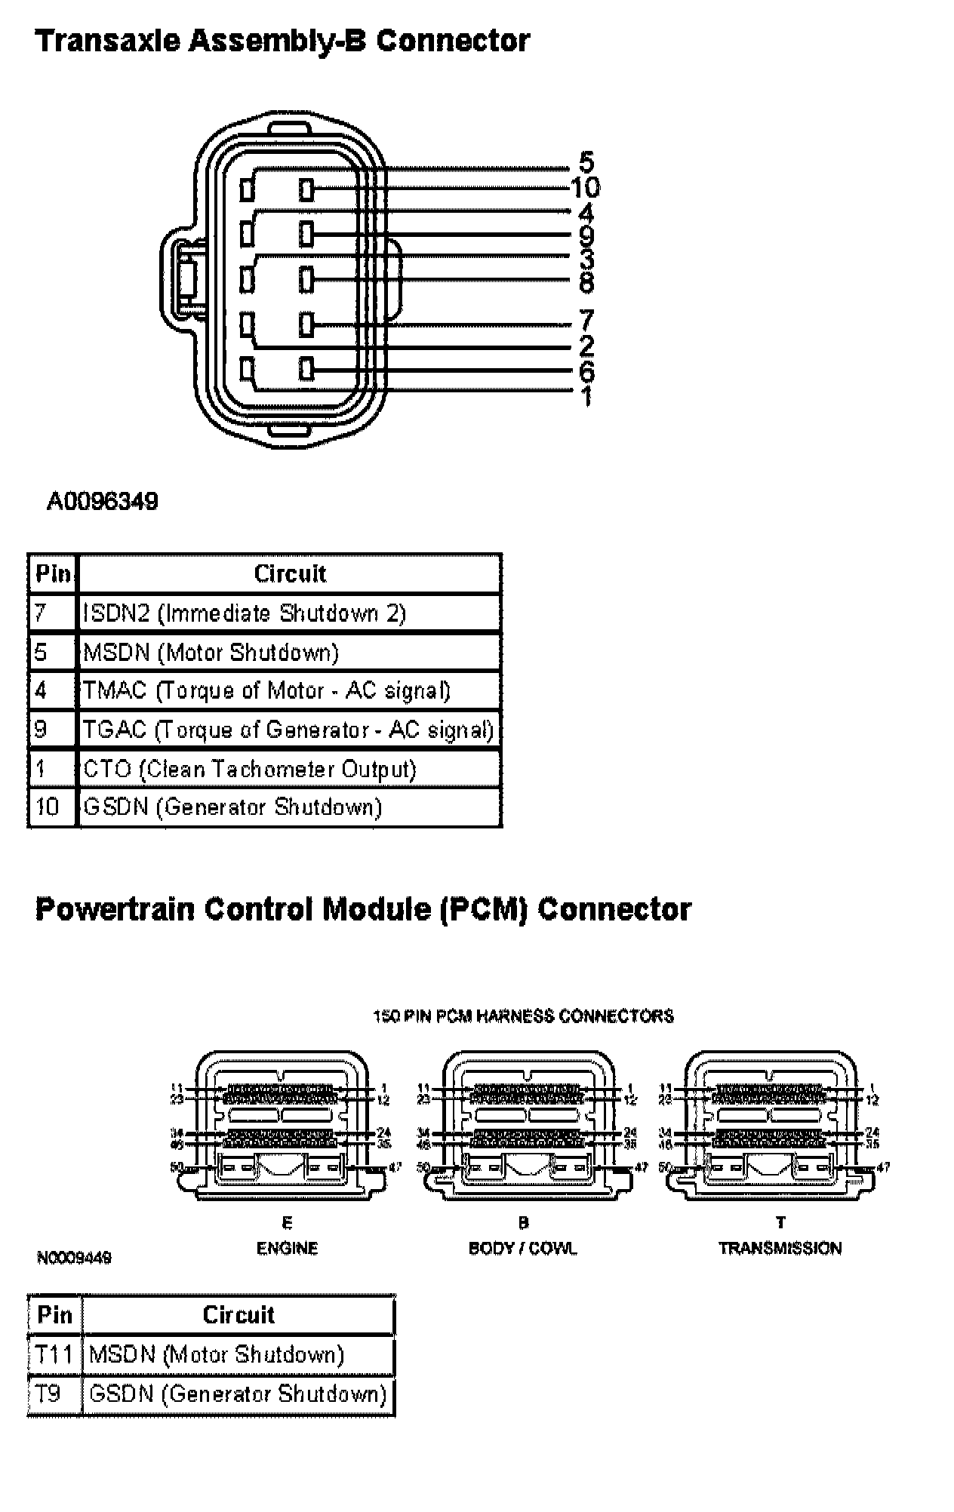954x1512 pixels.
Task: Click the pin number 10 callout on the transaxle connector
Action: point(585,187)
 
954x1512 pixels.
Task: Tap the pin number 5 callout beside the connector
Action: point(586,162)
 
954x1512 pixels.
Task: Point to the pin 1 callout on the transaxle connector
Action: point(586,396)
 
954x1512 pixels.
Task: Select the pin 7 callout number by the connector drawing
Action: point(586,321)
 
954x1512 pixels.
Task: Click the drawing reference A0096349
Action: point(103,502)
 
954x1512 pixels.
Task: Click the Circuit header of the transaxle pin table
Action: point(290,574)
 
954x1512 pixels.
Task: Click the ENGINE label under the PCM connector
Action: point(288,1249)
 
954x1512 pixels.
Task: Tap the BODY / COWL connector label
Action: point(522,1249)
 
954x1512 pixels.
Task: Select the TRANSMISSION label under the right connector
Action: point(780,1249)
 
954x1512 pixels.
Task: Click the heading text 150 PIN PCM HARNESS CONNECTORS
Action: point(523,1016)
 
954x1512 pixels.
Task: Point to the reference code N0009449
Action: point(74,1258)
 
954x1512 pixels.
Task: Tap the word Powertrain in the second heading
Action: point(115,909)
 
